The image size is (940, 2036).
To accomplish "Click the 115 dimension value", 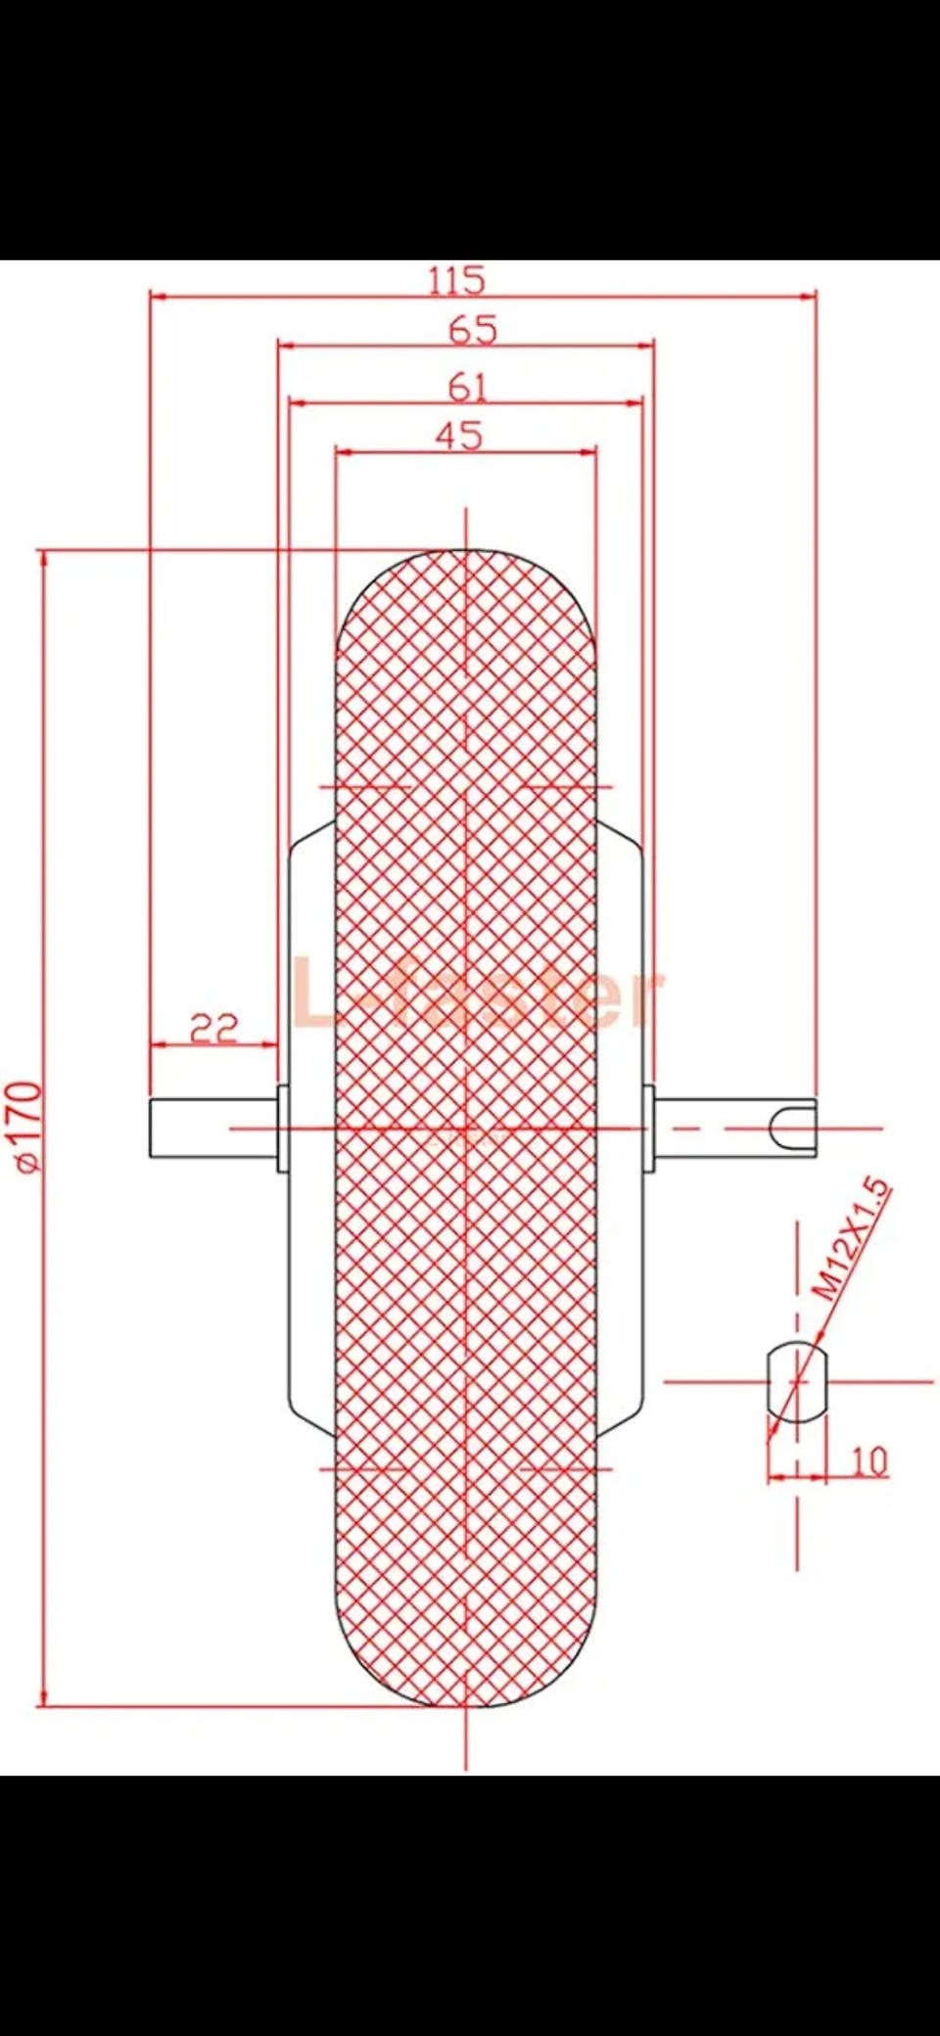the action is [456, 280].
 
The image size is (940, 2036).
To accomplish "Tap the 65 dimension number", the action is [473, 330].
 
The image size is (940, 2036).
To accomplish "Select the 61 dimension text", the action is [467, 388].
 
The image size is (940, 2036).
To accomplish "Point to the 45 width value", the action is [459, 435].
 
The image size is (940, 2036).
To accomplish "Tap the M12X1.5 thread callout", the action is [854, 1239].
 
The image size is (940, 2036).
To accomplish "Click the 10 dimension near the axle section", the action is [869, 1460].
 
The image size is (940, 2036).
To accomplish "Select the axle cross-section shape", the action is [797, 1381].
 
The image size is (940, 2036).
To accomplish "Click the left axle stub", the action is [213, 1128].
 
